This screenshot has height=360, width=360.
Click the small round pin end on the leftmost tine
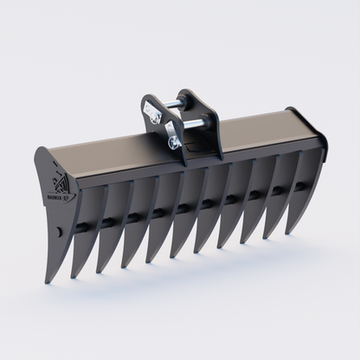tap(57, 232)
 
